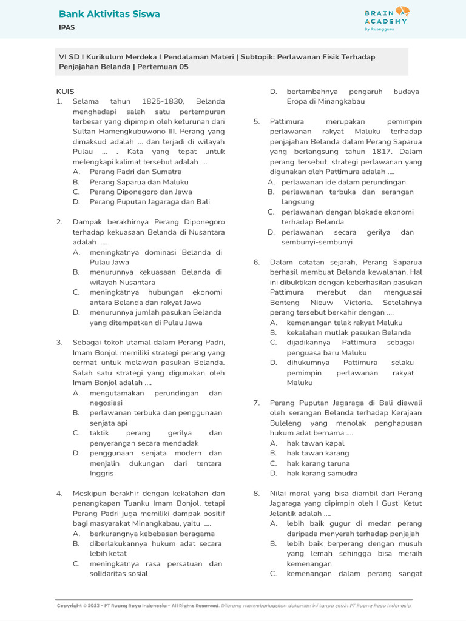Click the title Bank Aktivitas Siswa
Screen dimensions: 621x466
pos(109,14)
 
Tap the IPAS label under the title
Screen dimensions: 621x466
pos(67,28)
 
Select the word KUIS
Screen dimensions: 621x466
pos(65,92)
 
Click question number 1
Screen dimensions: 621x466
pos(59,102)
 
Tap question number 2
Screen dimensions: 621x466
pos(59,222)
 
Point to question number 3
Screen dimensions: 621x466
pos(59,343)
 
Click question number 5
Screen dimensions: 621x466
pos(257,122)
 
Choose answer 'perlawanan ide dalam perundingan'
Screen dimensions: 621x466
pos(343,182)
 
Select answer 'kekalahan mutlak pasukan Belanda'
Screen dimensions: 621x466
pos(348,332)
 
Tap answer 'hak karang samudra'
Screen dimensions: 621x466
pos(322,473)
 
